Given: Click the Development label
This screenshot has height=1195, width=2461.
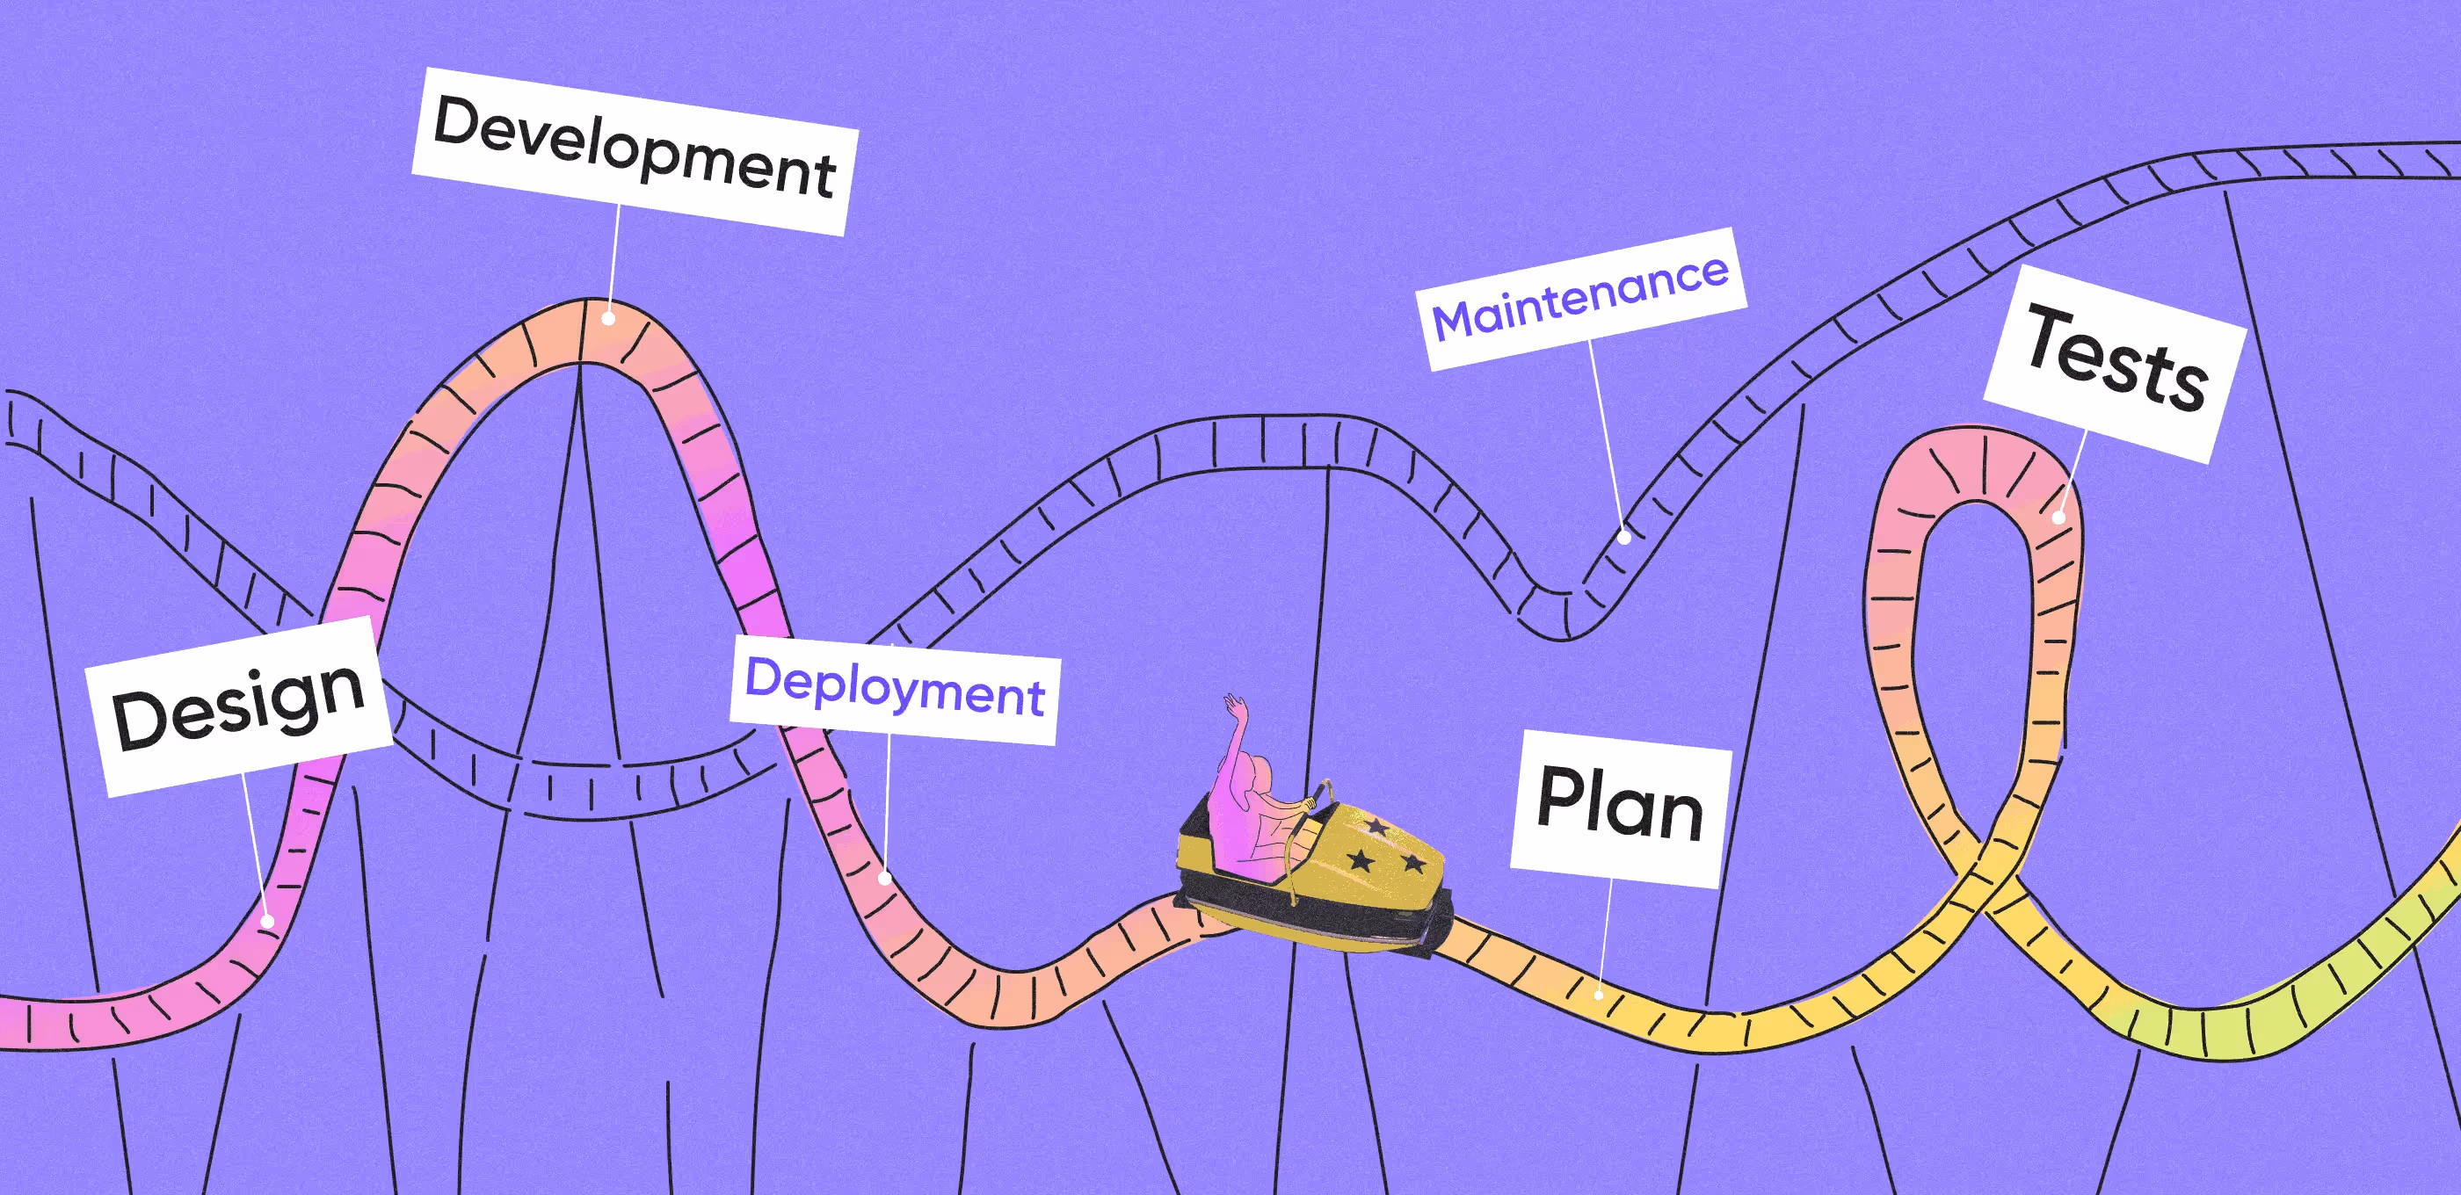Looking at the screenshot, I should [635, 151].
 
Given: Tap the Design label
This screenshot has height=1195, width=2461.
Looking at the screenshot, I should [239, 706].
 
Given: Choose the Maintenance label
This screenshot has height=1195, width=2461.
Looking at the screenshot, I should [1581, 298].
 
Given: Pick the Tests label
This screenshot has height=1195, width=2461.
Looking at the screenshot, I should [2116, 364].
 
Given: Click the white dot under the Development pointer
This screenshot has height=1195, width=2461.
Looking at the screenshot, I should [607, 319].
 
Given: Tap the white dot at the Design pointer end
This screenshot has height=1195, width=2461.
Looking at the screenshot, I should [268, 922].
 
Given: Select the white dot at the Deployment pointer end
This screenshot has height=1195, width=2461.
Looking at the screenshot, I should [885, 878].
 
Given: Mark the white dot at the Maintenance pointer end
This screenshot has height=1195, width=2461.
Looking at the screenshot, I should [1623, 538].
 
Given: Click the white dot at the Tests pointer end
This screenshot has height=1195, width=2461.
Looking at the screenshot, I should [2058, 518].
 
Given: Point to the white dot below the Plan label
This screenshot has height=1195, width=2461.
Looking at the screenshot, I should [1598, 996].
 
